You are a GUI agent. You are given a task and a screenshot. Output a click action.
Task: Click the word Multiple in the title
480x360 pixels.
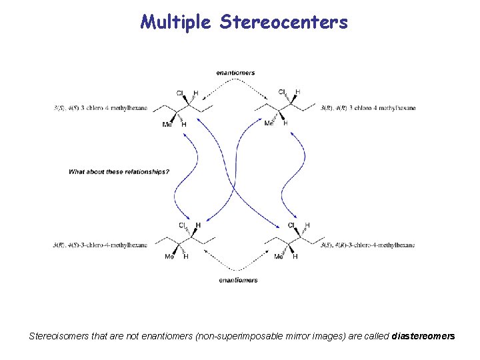176,23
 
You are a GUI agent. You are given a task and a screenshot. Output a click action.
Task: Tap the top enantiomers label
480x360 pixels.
235,73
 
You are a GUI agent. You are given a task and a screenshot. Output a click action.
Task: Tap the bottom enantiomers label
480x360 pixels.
238,280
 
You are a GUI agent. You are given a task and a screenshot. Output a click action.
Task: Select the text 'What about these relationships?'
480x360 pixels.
119,172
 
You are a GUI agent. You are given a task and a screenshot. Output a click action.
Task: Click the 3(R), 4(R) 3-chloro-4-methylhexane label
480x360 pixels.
368,107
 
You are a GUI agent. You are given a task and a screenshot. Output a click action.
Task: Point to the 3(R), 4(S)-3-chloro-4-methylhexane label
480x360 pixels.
101,245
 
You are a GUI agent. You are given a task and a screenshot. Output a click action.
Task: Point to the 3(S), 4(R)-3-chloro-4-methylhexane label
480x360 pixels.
368,245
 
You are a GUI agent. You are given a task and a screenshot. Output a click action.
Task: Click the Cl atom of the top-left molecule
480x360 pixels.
180,93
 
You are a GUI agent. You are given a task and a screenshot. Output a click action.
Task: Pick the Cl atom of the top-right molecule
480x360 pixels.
282,92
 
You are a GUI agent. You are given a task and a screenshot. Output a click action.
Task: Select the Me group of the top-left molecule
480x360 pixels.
167,124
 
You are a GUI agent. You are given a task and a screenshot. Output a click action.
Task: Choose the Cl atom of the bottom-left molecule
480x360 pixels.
182,225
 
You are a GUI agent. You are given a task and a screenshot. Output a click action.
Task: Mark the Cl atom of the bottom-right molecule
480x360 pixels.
291,225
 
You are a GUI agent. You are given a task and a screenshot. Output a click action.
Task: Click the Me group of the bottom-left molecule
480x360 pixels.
169,257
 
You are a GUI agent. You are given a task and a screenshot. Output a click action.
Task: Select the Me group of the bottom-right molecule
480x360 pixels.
279,257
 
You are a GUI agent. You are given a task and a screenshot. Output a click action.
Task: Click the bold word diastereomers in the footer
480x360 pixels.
424,337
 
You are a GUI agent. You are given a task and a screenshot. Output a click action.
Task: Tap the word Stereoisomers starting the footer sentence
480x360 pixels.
55,337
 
